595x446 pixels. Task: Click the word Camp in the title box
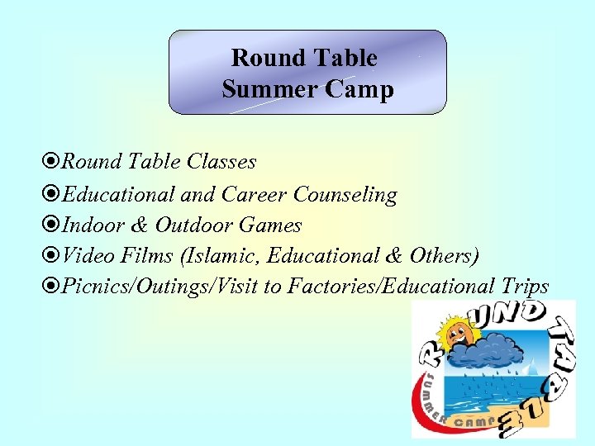[359, 89]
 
